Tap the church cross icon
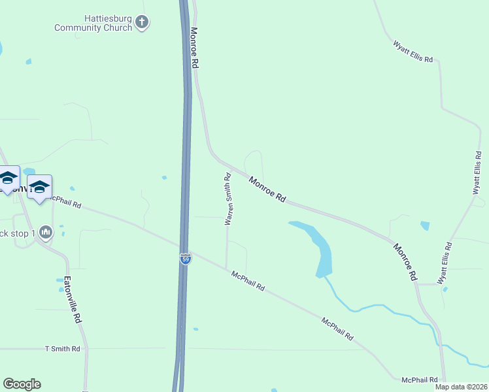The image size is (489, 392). click(142, 24)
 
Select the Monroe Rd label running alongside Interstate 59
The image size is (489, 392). click(194, 48)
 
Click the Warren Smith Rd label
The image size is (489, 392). click(228, 199)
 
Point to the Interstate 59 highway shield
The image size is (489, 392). click(186, 259)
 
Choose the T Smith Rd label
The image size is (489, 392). click(62, 350)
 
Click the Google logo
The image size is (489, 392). click(22, 384)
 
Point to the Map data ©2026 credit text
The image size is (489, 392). click(461, 387)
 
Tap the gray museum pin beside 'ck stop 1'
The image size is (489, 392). click(45, 232)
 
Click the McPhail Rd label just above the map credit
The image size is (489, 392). click(419, 380)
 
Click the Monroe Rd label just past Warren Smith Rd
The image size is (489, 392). click(267, 188)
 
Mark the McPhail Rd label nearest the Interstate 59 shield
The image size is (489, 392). click(248, 282)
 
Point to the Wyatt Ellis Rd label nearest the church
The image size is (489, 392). click(413, 52)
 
